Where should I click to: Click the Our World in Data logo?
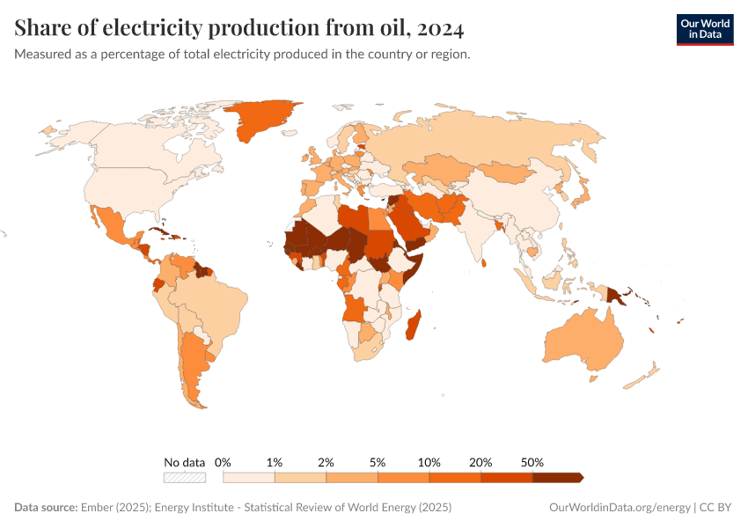click(704, 29)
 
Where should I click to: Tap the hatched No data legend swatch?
click(184, 477)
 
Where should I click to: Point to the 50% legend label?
click(532, 462)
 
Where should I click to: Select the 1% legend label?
click(275, 462)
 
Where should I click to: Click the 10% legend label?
click(429, 462)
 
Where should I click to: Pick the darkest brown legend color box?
click(557, 477)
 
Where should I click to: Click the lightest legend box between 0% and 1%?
click(249, 477)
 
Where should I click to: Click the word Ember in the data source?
click(96, 508)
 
